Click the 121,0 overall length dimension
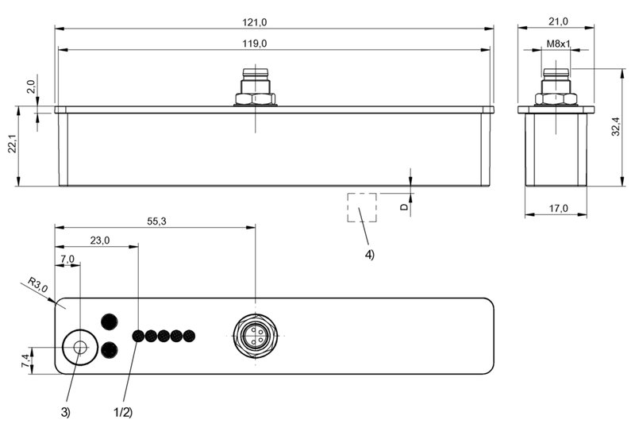pos(254,22)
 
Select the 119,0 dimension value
pos(254,44)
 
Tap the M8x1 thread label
pos(559,44)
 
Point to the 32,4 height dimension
pos(616,126)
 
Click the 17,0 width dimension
pos(559,208)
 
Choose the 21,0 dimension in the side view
pos(559,21)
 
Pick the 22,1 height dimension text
pos(13,143)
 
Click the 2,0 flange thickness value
pos(31,87)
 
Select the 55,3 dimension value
pos(156,221)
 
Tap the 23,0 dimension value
pos(100,241)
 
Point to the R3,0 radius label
pos(37,285)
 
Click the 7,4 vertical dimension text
pos(25,360)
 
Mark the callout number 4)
pos(370,255)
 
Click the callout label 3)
pos(66,412)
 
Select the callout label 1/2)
pos(123,412)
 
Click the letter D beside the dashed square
pos(404,207)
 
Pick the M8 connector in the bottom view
pos(255,337)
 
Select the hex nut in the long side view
pos(255,98)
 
